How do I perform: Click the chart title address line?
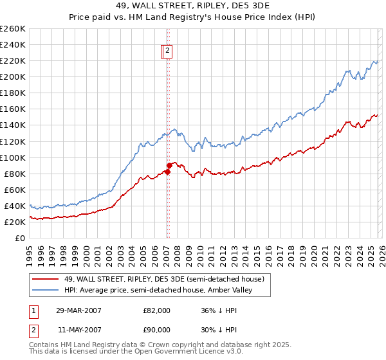point(193,6)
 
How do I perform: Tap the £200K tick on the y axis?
point(12,76)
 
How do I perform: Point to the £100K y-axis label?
point(12,157)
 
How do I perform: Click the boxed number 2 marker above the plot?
point(167,51)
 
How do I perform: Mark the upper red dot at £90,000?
point(169,165)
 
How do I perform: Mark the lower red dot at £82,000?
point(167,172)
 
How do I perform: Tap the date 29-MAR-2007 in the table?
point(79,310)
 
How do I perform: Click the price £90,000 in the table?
point(156,330)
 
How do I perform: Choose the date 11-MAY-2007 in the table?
point(79,330)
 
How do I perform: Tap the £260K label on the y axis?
point(12,29)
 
